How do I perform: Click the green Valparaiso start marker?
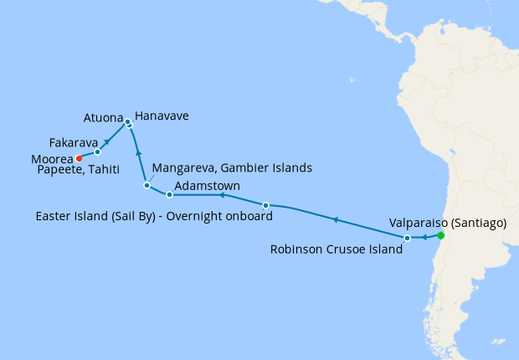click(x=440, y=235)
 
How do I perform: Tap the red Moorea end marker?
click(x=79, y=157)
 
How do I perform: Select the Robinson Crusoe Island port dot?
click(x=408, y=239)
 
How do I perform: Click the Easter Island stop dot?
click(x=266, y=205)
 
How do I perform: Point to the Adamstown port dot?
click(x=169, y=194)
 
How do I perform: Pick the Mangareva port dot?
click(x=146, y=185)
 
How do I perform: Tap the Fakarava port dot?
click(x=98, y=152)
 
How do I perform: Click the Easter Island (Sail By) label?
click(x=155, y=216)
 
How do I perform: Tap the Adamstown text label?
click(x=208, y=185)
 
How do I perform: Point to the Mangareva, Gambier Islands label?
click(x=232, y=167)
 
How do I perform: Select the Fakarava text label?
click(x=73, y=142)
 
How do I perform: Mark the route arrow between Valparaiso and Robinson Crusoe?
click(x=424, y=239)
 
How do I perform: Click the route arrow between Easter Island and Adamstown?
click(x=222, y=195)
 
